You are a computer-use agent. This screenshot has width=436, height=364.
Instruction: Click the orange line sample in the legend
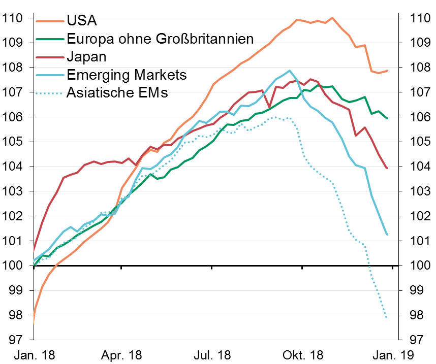(50, 21)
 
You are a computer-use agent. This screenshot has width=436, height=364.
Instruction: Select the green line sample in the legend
(50, 39)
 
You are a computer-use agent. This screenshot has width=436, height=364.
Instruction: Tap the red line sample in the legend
(50, 57)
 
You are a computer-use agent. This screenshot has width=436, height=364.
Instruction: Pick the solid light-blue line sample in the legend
(50, 75)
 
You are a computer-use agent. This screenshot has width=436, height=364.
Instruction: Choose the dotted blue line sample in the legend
(49, 93)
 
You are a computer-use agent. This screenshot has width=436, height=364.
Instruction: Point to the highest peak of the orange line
(332, 18)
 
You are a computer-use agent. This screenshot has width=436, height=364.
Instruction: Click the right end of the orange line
(387, 71)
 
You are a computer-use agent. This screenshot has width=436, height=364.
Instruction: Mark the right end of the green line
(387, 118)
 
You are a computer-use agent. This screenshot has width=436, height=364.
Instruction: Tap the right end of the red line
(387, 168)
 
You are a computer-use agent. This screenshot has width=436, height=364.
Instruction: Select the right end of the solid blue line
(387, 235)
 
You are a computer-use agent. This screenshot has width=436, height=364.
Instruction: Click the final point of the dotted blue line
(387, 318)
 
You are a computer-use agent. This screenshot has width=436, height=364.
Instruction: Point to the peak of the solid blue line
(290, 71)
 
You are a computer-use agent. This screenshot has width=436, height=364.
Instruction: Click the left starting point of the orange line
(34, 323)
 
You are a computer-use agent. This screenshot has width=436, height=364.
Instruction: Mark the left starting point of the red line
(34, 250)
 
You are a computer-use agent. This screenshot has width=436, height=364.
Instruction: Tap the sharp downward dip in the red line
(269, 107)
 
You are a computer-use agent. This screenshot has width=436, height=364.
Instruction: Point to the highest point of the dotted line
(275, 117)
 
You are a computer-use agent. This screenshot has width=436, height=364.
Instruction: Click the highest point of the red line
(310, 79)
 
